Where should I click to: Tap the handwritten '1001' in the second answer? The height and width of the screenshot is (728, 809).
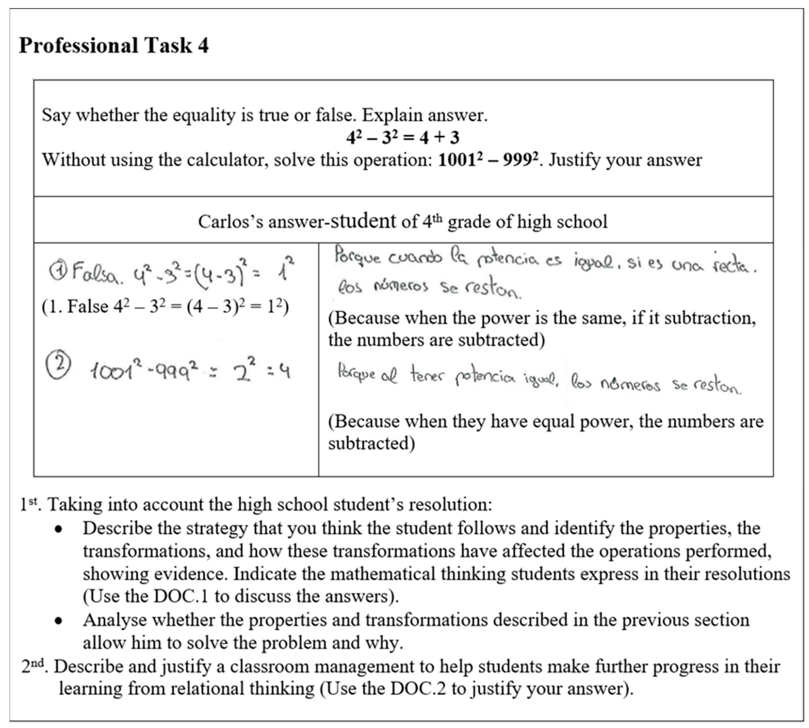coord(114,371)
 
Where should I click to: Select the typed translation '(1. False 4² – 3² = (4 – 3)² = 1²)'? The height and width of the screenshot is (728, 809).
coord(165,307)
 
